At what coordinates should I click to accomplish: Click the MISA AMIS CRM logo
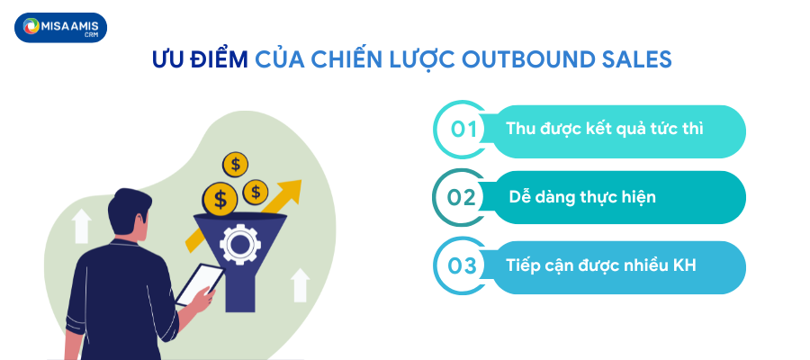coord(60,28)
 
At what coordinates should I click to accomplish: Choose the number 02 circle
coord(462,196)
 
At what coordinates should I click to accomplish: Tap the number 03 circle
coord(462,265)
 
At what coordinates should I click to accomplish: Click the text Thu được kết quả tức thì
coord(604,129)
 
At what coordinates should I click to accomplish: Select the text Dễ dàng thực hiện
coord(581,196)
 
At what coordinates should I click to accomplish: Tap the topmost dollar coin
coord(236,164)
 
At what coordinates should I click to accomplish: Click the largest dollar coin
coord(220,197)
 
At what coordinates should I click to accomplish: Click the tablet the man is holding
coord(199,285)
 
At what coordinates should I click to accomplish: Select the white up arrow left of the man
coord(82,225)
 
